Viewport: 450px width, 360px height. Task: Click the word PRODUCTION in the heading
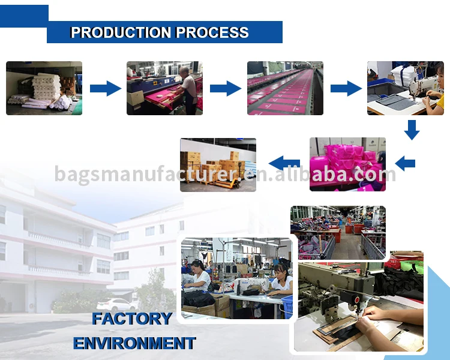[121, 32]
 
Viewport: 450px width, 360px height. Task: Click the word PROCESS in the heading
[212, 32]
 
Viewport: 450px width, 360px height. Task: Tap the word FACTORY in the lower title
[132, 319]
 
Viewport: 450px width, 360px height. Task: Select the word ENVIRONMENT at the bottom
[134, 343]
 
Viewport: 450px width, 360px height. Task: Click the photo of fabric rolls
[44, 88]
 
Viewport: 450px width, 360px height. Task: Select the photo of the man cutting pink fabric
[164, 88]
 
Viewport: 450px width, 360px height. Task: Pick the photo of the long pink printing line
[285, 88]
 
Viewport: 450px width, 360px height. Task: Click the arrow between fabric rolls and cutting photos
[106, 88]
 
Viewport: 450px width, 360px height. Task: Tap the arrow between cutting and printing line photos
[226, 88]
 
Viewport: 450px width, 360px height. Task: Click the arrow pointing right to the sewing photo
[346, 88]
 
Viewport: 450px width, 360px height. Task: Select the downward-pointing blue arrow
[412, 130]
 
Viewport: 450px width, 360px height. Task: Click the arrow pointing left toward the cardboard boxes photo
[284, 163]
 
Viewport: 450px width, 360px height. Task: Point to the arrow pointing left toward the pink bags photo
[405, 163]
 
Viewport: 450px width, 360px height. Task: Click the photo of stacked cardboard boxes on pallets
[218, 165]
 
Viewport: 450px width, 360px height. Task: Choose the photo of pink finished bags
[347, 164]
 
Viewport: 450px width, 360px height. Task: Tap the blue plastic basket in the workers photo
[287, 307]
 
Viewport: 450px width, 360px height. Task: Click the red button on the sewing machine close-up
[357, 300]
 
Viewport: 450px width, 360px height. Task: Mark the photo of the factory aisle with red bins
[338, 233]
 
